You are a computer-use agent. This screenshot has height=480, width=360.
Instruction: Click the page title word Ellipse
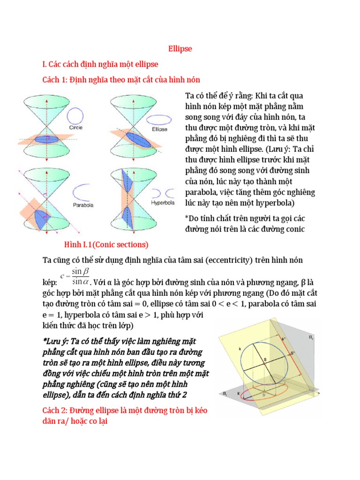tap(180, 49)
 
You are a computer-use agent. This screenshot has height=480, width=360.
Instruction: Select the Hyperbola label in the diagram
tap(162, 203)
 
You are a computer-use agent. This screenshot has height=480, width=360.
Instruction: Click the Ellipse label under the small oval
tap(159, 129)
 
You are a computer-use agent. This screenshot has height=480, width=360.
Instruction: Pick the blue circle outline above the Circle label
tap(76, 115)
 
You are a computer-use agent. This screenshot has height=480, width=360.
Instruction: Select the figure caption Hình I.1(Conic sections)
tap(106, 245)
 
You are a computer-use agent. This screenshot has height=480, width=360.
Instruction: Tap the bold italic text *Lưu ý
tap(53, 339)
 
